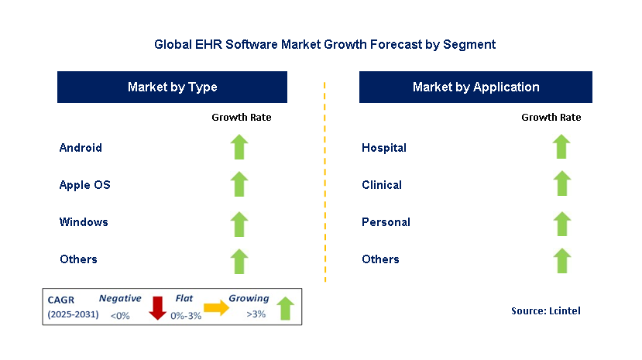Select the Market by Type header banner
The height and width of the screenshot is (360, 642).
172,87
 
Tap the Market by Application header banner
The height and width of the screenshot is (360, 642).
475,87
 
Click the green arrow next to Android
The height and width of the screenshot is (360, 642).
239,147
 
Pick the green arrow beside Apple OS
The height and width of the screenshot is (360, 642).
239,184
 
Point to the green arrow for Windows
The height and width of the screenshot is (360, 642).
239,222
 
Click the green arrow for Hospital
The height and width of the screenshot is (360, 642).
561,147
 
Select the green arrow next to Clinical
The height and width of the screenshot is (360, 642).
561,184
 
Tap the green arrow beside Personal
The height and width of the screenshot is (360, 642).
561,222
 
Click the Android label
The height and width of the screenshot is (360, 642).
81,148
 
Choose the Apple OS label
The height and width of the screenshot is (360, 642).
85,185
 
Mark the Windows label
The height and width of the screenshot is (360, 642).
84,222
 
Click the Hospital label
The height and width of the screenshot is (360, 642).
384,148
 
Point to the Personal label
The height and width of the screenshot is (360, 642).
386,222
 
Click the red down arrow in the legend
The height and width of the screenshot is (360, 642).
158,307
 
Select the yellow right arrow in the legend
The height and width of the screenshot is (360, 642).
217,308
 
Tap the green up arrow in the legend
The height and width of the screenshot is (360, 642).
285,308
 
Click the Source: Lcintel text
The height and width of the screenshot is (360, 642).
545,310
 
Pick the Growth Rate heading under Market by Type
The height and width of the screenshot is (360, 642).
242,118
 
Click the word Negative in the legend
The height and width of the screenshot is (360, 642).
120,298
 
